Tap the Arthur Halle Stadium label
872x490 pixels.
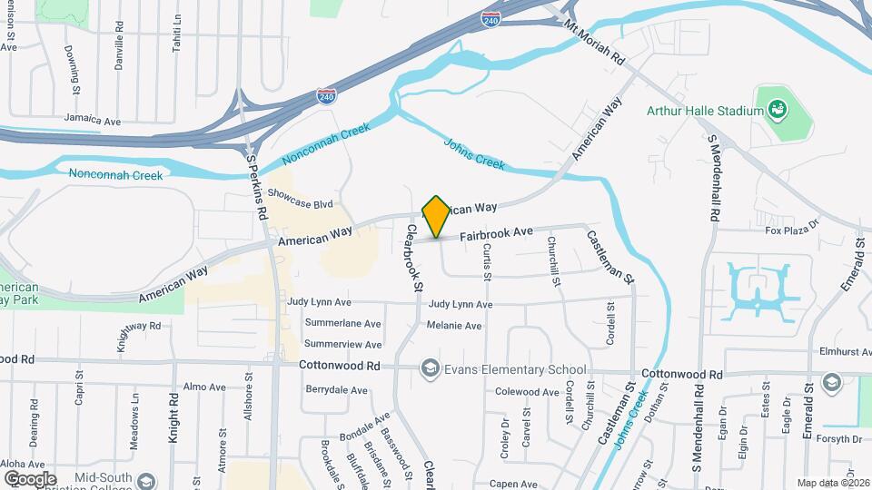pos(703,111)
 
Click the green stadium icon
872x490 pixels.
pos(777,111)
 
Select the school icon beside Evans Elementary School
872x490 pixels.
pos(428,369)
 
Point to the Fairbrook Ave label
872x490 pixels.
pos(495,233)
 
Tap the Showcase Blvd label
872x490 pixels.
pos(300,204)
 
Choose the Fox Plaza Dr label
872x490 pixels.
pos(792,230)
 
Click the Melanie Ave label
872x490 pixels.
pos(455,326)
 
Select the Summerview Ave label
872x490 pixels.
pos(342,345)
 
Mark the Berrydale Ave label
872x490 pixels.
pos(336,390)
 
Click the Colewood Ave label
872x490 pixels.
pos(526,392)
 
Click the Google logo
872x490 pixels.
pos(30,478)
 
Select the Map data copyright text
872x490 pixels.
pos(832,483)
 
